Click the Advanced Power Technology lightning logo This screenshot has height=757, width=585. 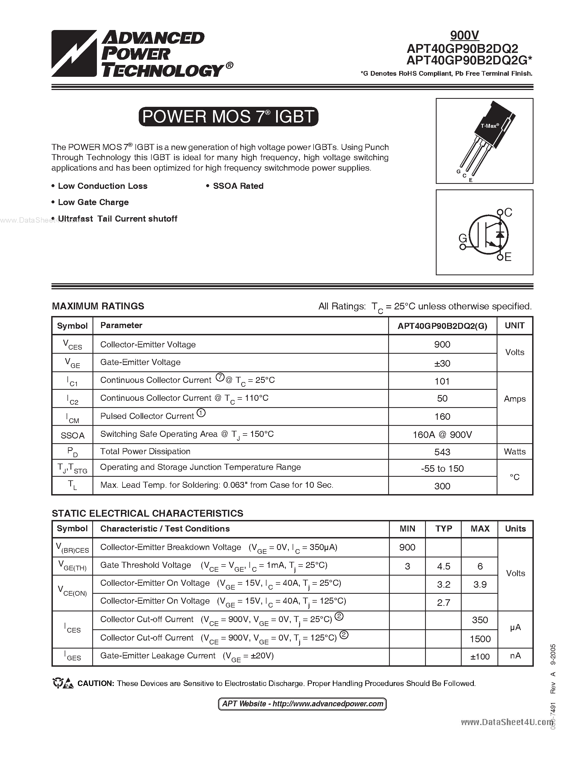point(74,54)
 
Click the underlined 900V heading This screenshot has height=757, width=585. point(464,35)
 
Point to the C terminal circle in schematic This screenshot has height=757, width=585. point(500,212)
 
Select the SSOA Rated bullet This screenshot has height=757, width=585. point(238,186)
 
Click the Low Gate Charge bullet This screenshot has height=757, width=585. point(93,202)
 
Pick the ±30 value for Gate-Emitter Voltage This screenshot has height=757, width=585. point(442,363)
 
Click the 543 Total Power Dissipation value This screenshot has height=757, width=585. point(442,452)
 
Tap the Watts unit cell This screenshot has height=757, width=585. point(514,452)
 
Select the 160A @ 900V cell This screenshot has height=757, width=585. point(442,435)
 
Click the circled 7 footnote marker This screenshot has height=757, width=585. point(220,377)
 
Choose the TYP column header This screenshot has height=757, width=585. point(443,529)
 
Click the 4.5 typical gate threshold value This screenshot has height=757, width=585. point(443,566)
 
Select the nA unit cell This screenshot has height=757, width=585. point(515,655)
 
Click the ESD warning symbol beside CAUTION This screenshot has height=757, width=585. point(63,683)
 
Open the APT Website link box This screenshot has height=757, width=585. point(302,704)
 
